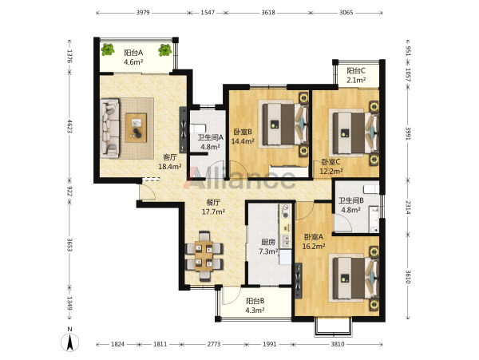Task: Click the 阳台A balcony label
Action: point(133,53)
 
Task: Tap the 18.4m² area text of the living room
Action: point(170,167)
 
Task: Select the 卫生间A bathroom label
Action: point(211,137)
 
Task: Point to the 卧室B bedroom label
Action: point(243,132)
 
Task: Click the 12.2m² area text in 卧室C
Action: point(331,172)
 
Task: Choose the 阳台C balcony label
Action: point(356,71)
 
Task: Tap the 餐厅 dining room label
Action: point(213,202)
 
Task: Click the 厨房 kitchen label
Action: point(268,242)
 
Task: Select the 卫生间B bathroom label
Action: point(350,200)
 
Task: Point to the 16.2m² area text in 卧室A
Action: point(314,246)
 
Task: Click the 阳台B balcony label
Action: point(255,301)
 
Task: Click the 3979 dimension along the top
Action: point(143,13)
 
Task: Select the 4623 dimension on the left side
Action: point(70,126)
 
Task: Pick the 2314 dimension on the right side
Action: point(408,207)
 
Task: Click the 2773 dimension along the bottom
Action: point(214,344)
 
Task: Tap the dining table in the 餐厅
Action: point(204,256)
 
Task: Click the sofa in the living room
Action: point(109,129)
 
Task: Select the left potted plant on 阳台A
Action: point(108,49)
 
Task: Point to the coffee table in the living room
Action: point(136,128)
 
